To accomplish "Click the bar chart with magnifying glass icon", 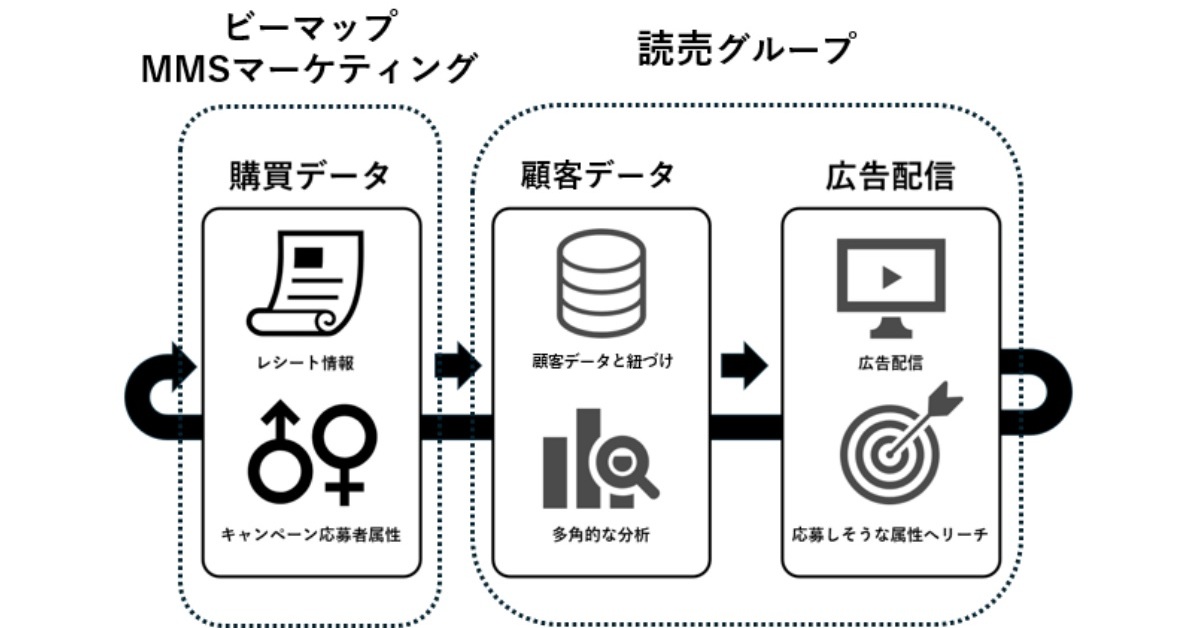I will tap(600, 459).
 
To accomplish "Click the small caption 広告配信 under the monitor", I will tap(890, 362).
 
